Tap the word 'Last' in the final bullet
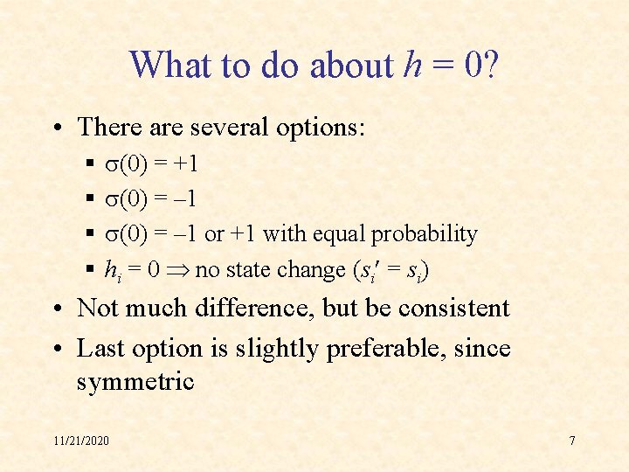pos(101,348)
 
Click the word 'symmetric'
pos(135,383)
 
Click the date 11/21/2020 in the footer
pos(80,441)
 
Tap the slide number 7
pos(572,441)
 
